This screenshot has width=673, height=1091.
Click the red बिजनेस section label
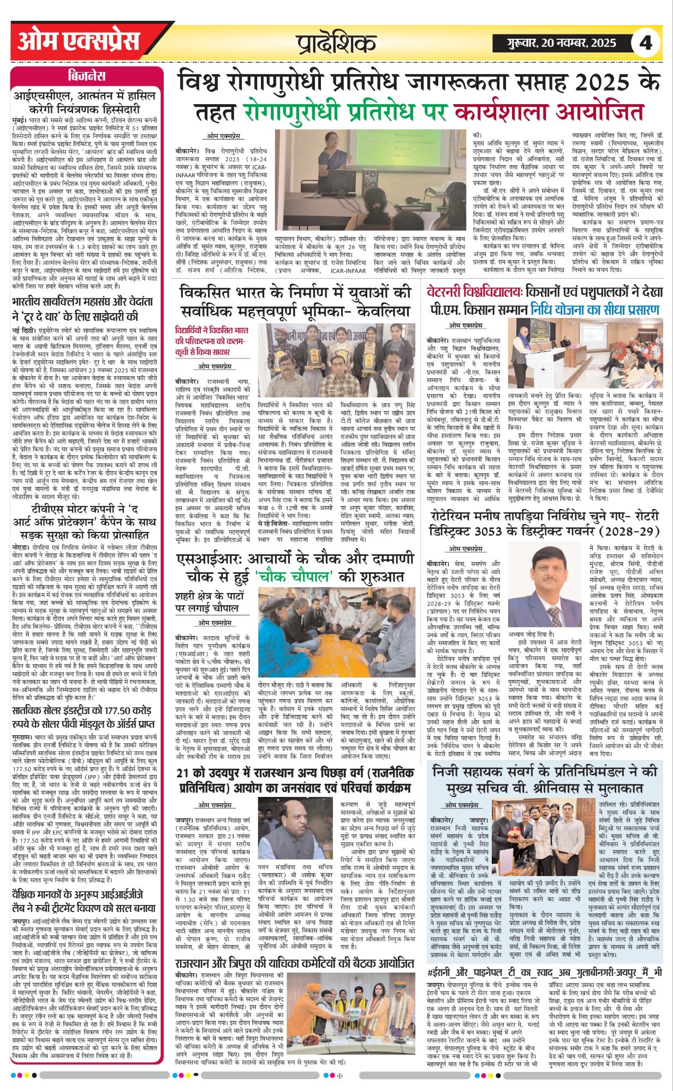87,75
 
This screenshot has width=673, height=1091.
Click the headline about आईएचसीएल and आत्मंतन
87,101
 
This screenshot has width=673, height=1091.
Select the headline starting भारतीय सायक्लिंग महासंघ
87,309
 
